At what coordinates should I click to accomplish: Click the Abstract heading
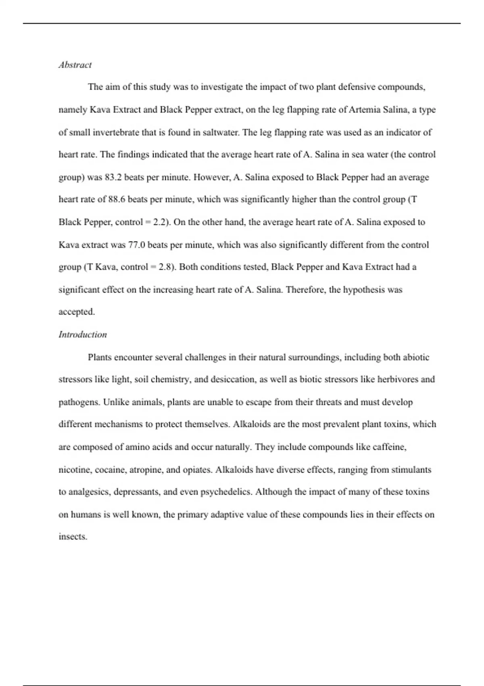point(75,65)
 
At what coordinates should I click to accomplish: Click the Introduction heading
point(83,335)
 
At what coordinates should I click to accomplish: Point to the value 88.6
point(117,199)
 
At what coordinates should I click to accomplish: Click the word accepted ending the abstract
point(77,312)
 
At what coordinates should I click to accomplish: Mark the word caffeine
point(389,447)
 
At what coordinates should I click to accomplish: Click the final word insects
point(73,537)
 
